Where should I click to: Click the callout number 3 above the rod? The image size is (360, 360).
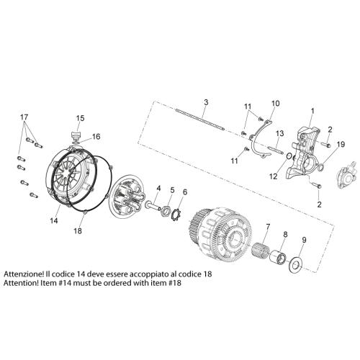(206, 102)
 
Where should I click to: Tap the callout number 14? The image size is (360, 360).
(54, 220)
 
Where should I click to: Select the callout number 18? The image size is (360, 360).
(78, 231)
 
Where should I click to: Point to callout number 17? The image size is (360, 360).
(24, 117)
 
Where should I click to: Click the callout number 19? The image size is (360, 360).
(341, 144)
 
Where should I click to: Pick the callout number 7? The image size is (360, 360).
(268, 226)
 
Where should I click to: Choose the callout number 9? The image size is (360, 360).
(304, 240)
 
